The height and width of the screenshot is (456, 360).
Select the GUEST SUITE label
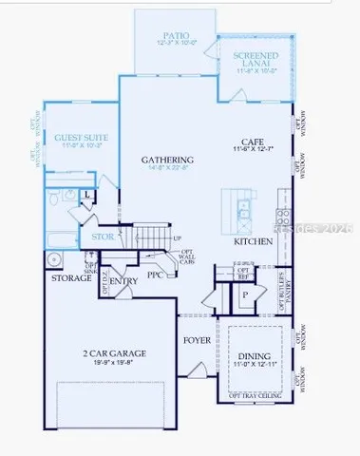pyautogui.click(x=81, y=138)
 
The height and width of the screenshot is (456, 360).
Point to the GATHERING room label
pyautogui.click(x=167, y=161)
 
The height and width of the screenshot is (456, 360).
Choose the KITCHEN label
pyautogui.click(x=254, y=242)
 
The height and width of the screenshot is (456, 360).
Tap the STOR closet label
pyautogui.click(x=101, y=237)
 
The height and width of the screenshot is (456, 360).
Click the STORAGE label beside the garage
pyautogui.click(x=71, y=279)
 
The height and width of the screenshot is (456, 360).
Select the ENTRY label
pyautogui.click(x=123, y=281)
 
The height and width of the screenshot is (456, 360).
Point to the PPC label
pyautogui.click(x=156, y=275)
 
